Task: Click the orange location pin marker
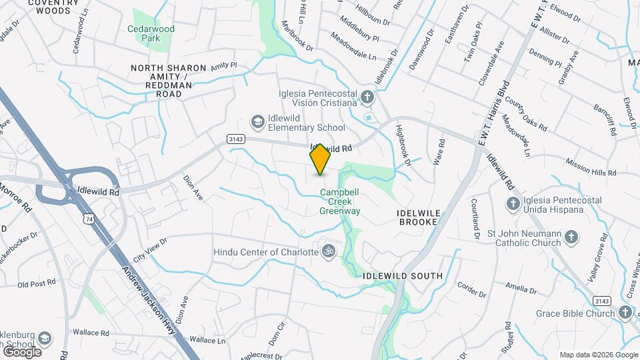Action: click(320, 159)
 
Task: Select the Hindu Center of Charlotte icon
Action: click(327, 251)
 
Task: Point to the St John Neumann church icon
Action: click(571, 237)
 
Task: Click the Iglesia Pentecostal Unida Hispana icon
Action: click(513, 203)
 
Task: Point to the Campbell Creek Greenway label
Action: click(340, 201)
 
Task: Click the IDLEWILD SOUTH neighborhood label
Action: click(403, 275)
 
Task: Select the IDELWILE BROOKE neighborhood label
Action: click(419, 217)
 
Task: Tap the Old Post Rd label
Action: click(36, 284)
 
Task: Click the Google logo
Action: click(21, 351)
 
